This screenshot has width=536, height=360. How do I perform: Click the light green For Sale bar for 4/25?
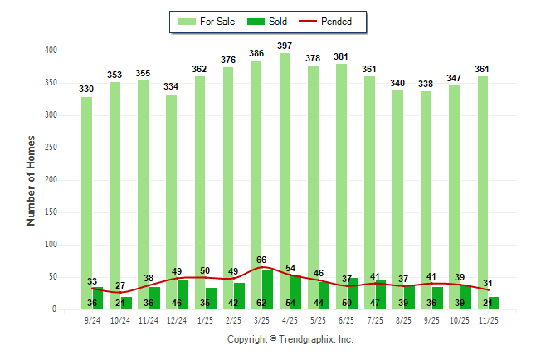pos(285,166)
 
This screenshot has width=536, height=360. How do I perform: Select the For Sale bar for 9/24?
pos(87,191)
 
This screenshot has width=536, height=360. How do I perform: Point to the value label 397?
pos(285,45)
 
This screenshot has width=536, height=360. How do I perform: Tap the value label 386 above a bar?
pos(256,53)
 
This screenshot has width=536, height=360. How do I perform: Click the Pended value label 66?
pos(261,260)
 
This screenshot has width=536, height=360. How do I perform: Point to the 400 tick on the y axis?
pos(51,51)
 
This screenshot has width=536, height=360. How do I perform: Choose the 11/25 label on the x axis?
pos(489,320)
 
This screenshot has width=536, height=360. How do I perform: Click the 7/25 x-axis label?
pos(376,320)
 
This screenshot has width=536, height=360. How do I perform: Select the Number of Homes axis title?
pos(32,180)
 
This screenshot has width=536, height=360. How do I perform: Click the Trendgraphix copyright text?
pos(290,339)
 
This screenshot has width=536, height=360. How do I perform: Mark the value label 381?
pos(342,56)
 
